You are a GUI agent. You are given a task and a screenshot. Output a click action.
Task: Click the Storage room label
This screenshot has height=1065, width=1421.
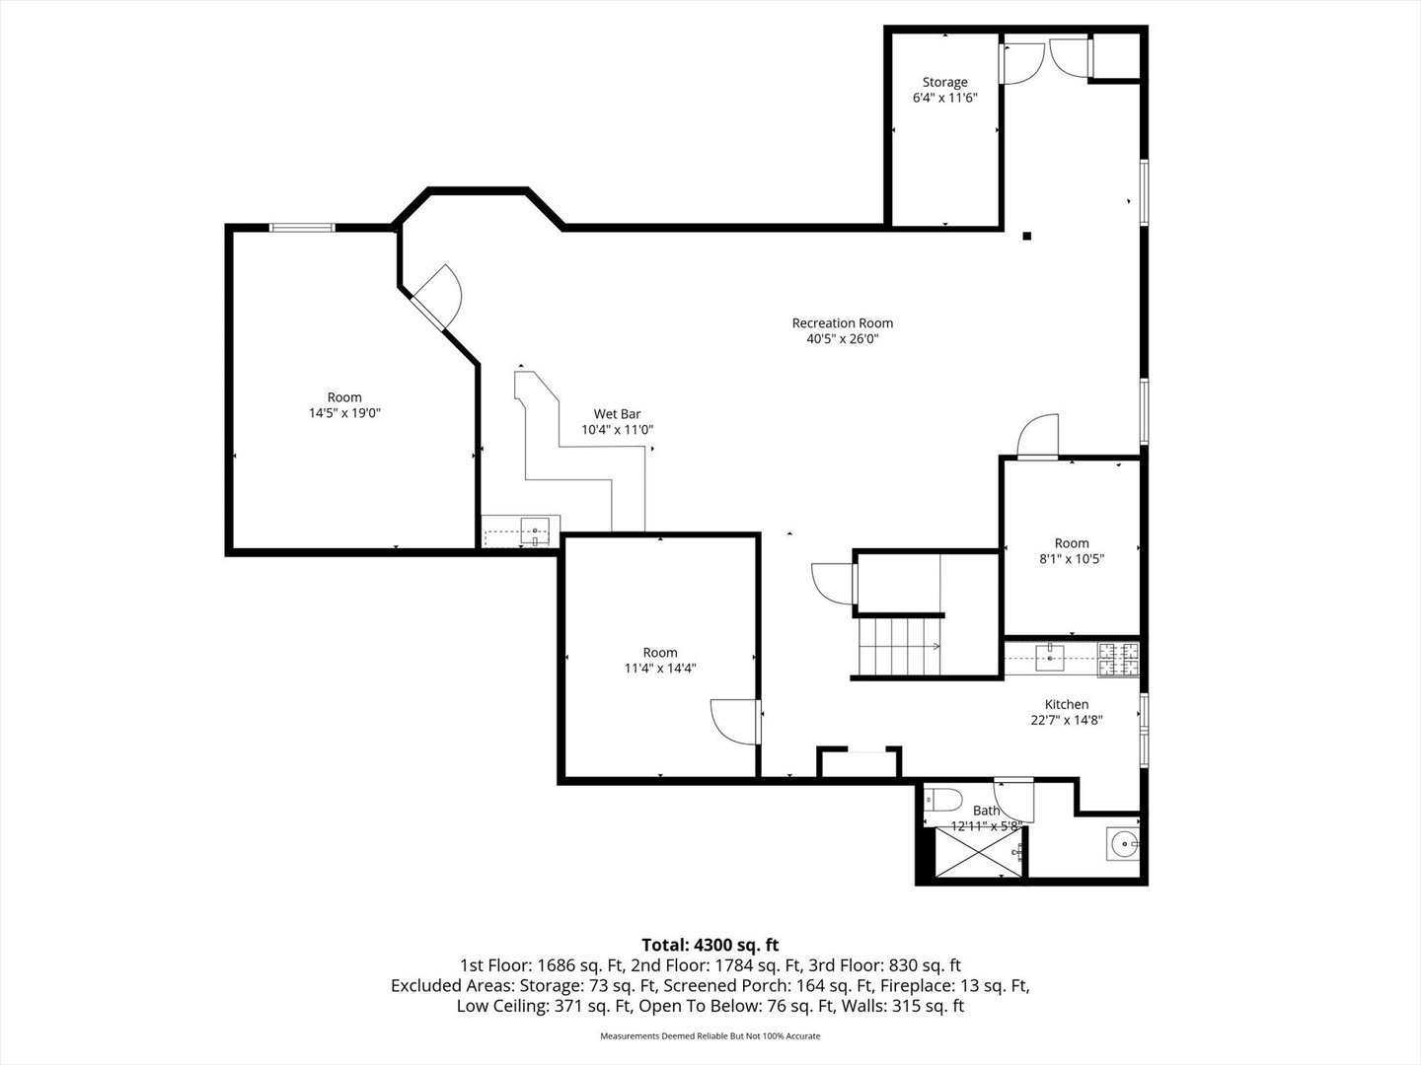click(944, 82)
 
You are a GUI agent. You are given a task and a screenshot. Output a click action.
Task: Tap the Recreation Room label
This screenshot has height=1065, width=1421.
click(843, 322)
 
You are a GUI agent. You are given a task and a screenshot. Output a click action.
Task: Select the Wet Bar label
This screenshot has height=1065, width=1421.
click(617, 414)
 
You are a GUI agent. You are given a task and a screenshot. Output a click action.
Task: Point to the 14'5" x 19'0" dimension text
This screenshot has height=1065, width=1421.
click(344, 412)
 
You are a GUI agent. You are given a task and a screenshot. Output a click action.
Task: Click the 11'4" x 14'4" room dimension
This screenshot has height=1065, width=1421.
click(660, 668)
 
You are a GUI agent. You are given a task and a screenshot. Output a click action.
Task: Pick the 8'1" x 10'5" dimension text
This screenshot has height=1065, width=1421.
click(1072, 559)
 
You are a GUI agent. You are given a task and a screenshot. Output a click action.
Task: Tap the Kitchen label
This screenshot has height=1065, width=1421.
click(1066, 704)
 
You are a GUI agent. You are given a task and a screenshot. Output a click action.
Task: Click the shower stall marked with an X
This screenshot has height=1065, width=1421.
click(978, 852)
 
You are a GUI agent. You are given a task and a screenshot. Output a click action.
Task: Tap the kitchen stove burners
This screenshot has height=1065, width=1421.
click(1118, 660)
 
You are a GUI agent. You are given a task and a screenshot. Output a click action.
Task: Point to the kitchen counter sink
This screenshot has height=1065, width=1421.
click(1049, 659)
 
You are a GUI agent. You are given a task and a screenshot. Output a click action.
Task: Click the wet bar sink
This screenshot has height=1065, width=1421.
click(535, 531)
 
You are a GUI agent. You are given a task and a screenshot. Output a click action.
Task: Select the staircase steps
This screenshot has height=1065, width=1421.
click(900, 647)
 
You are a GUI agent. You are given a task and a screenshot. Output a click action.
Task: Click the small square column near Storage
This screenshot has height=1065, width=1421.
click(1026, 236)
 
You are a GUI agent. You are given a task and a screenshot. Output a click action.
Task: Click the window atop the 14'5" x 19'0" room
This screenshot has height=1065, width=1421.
click(302, 228)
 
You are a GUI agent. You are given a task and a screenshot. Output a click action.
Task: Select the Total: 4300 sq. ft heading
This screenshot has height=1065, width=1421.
click(710, 945)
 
